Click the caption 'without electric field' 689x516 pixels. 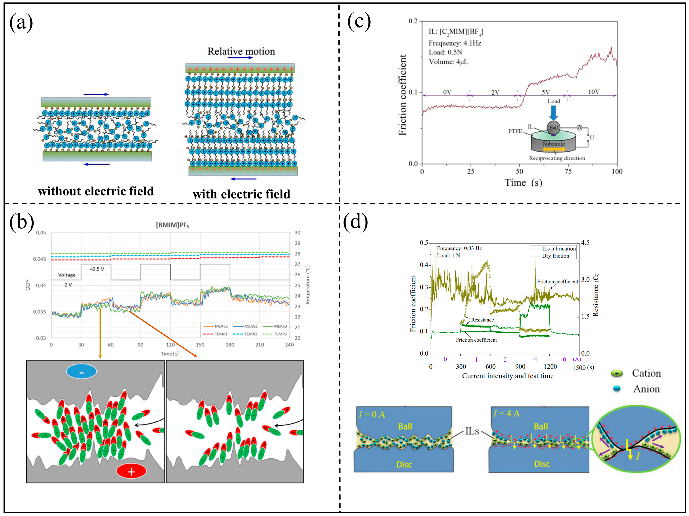pyautogui.click(x=96, y=191)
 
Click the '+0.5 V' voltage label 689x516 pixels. pyautogui.click(x=97, y=269)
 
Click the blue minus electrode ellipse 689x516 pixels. pyautogui.click(x=81, y=371)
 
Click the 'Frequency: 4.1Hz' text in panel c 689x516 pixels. pyautogui.click(x=455, y=43)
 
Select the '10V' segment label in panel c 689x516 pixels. pyautogui.click(x=594, y=92)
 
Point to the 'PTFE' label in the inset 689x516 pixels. pyautogui.click(x=515, y=131)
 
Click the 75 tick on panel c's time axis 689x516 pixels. pyautogui.click(x=568, y=171)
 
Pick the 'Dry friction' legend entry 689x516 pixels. pyautogui.click(x=555, y=256)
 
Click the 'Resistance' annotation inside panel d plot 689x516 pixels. pyautogui.click(x=482, y=320)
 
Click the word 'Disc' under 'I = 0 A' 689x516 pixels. pyautogui.click(x=404, y=465)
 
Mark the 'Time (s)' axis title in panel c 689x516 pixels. pyautogui.click(x=523, y=183)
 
